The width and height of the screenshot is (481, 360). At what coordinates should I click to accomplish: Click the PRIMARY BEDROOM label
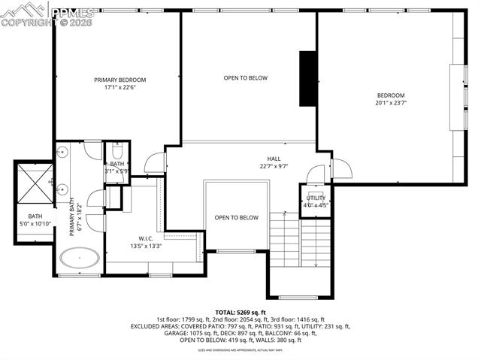point(119,80)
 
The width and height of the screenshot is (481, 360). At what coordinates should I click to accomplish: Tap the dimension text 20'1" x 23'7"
point(391,104)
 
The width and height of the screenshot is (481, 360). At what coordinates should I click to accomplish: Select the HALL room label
point(274,159)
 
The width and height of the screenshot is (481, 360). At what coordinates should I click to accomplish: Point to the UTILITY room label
point(316,197)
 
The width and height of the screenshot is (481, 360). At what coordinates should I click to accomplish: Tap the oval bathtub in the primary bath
point(80,260)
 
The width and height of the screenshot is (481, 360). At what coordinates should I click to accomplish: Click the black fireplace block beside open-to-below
point(307,79)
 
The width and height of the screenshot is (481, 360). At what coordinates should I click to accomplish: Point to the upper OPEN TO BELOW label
point(245,78)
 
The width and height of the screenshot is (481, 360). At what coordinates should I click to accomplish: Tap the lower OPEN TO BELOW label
point(236,218)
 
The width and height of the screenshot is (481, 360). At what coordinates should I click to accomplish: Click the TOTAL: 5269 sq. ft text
point(240,311)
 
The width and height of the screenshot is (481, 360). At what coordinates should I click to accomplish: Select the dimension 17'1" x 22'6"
point(119,88)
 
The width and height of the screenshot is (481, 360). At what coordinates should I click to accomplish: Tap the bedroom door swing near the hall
point(337,167)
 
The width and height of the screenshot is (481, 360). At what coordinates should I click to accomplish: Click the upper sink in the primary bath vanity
point(62,153)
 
